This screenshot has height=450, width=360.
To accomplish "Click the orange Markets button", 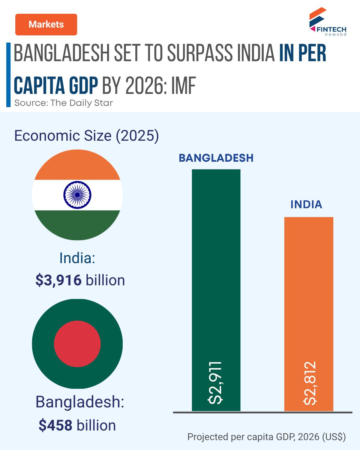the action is [x=46, y=25].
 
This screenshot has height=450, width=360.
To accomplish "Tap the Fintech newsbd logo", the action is [x=328, y=22].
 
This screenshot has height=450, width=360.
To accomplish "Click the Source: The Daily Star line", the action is [x=64, y=103].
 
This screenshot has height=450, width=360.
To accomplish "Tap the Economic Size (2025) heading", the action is [x=87, y=136].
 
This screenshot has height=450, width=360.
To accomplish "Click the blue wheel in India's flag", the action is [x=77, y=195].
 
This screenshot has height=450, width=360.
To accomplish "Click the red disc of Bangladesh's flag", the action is [x=77, y=344].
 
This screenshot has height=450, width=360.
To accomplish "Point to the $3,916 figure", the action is [x=58, y=280].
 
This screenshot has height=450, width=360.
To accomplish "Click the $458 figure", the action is [x=55, y=425].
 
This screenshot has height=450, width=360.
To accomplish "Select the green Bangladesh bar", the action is [x=216, y=290].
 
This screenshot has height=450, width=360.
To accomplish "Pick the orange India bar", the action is [x=309, y=314].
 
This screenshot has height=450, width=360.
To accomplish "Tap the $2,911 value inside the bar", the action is [x=215, y=383].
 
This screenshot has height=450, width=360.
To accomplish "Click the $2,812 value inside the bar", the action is [x=310, y=383].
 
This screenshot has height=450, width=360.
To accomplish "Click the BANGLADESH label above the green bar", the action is [x=216, y=158].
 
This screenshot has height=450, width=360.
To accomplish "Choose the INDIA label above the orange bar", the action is [x=306, y=205].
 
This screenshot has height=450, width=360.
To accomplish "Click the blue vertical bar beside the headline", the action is [x=8, y=75].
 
